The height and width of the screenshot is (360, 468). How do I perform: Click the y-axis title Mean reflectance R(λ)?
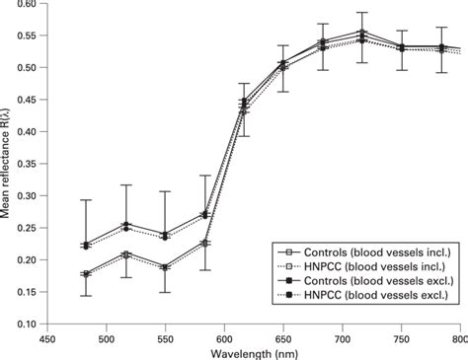(x=9, y=163)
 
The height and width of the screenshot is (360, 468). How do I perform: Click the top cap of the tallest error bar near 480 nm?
(x=86, y=200)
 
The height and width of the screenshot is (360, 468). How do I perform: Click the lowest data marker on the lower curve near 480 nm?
(x=86, y=274)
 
